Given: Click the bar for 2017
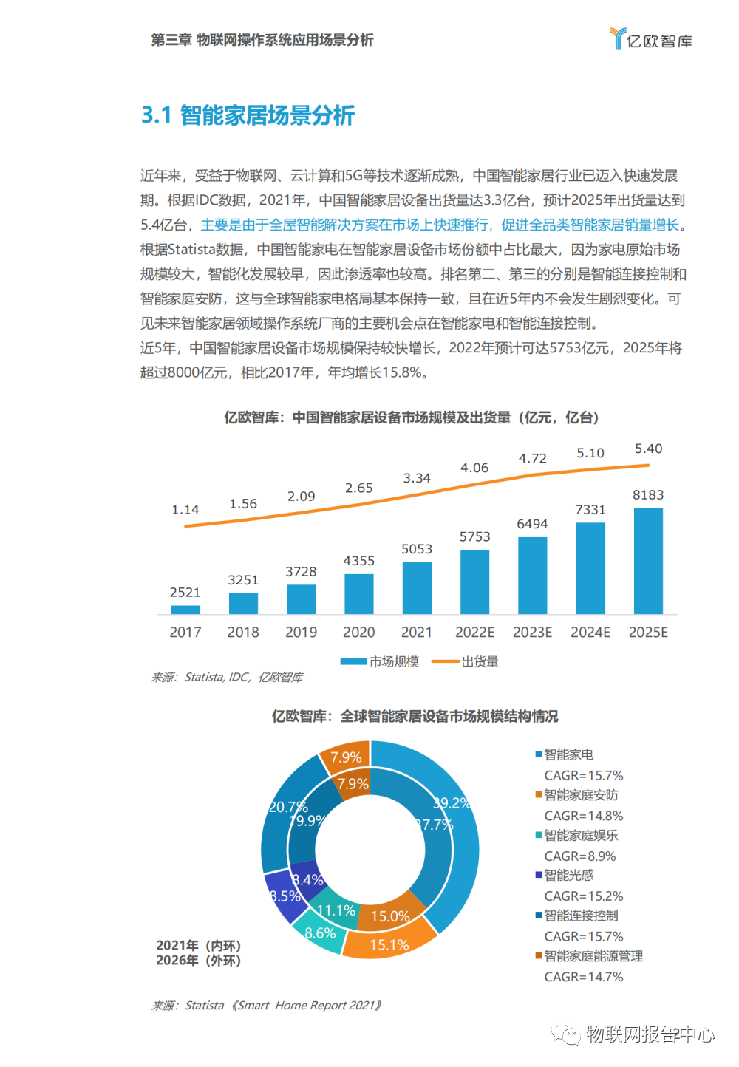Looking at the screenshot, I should pos(185,610).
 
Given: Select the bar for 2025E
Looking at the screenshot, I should pos(648,561).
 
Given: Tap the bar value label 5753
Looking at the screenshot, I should pos(474,537).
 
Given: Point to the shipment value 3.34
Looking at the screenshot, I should pos(417,479).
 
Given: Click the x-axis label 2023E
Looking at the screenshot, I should pos(532,633).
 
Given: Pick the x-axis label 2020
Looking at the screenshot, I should pos(359,633).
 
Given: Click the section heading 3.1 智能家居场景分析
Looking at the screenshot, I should pos(248,115).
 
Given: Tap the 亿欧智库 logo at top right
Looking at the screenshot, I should pos(651,39).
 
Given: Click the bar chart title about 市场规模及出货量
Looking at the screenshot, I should pos(411,417).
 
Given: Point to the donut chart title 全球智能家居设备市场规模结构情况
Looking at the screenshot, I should pos(415,716).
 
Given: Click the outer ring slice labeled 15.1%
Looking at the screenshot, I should pos(389,944).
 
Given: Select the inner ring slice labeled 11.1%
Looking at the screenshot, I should pos(336,910).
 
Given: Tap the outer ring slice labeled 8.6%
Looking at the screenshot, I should pos(320,933).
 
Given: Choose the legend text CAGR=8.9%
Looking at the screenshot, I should pos(580,856).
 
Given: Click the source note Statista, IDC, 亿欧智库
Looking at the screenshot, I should pos(228,677).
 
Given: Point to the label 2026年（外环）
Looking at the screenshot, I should pos(198,961).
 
